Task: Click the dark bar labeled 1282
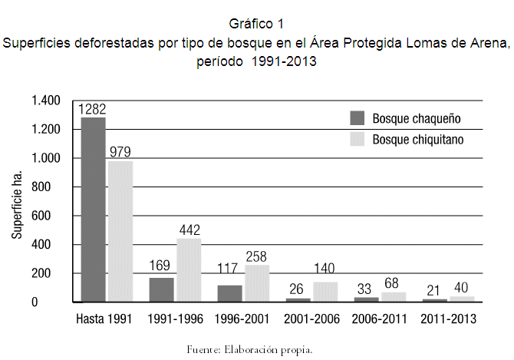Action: click(x=93, y=209)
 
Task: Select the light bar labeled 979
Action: click(x=120, y=231)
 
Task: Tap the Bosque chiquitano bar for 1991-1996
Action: click(x=189, y=269)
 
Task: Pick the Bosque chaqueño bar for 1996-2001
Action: click(x=229, y=293)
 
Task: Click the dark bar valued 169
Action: click(x=161, y=289)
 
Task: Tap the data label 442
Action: click(x=189, y=230)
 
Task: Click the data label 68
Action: click(x=394, y=283)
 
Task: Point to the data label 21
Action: click(x=433, y=290)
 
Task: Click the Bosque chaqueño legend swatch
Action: click(x=357, y=118)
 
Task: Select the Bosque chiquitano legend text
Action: click(x=418, y=140)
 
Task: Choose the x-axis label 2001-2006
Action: click(x=311, y=317)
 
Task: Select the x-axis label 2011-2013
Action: click(x=447, y=317)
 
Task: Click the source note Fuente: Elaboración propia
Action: click(x=249, y=349)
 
